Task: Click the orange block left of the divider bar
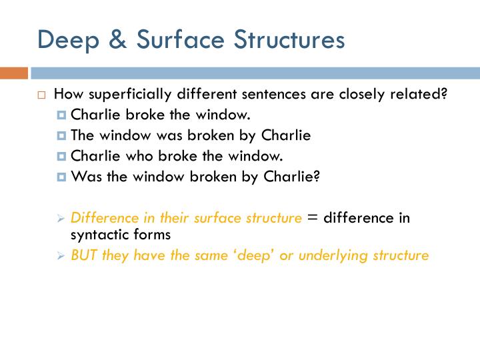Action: point(14,73)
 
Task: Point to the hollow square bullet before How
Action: point(41,95)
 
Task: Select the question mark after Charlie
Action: point(317,177)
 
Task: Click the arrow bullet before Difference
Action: point(61,219)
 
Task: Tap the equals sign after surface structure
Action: point(313,218)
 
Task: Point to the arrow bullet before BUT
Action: point(61,256)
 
